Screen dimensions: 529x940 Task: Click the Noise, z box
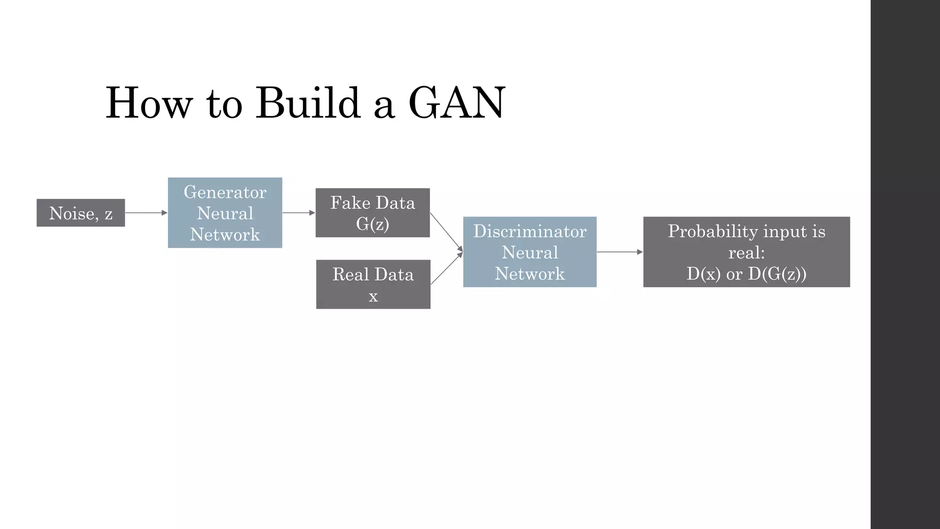click(x=81, y=213)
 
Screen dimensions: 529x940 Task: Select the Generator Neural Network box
click(x=225, y=213)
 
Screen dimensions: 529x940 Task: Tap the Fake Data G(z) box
click(x=373, y=213)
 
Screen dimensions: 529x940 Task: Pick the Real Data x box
click(x=373, y=284)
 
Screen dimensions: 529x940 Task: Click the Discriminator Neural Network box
click(x=530, y=252)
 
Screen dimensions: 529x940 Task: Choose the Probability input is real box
click(x=746, y=252)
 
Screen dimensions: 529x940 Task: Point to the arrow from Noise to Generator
click(x=146, y=213)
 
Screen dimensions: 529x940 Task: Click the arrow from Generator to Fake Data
click(x=298, y=213)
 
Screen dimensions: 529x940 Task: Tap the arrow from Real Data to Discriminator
click(x=446, y=269)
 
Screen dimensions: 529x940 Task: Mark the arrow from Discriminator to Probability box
click(x=620, y=252)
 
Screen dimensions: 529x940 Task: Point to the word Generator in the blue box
click(x=225, y=192)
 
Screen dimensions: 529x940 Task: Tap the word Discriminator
click(x=530, y=231)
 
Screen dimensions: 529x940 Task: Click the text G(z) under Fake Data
click(x=373, y=224)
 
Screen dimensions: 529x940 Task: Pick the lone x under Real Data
click(x=373, y=296)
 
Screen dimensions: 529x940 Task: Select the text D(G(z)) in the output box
click(x=777, y=274)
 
